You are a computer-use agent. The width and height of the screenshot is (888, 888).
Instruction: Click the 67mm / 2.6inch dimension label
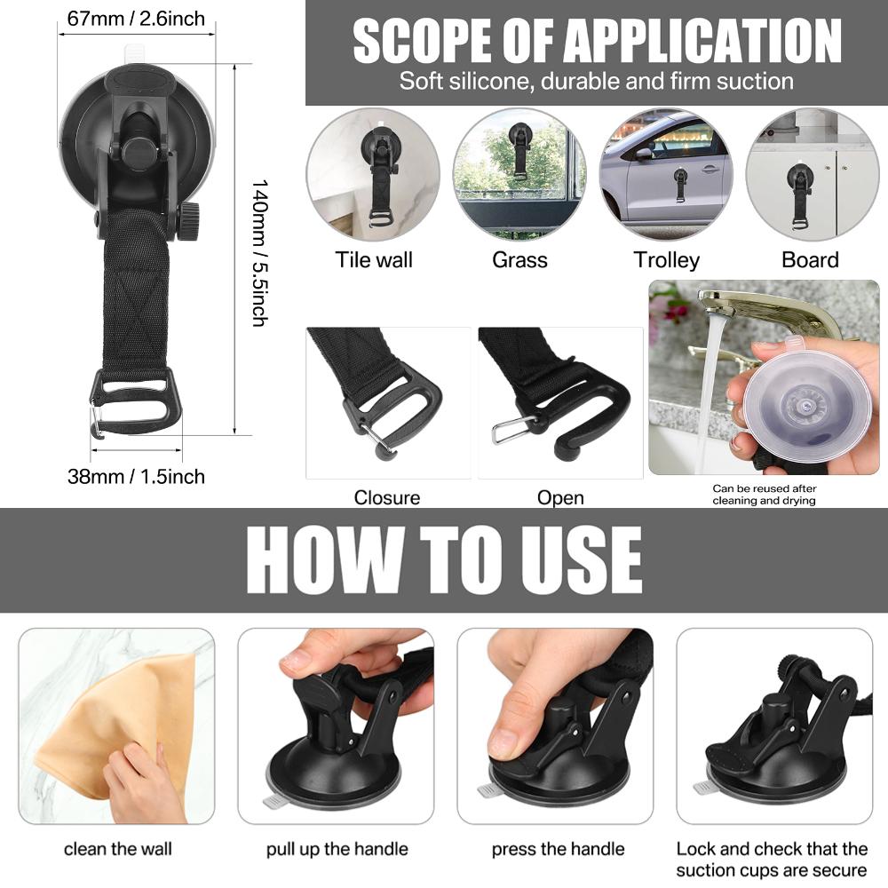[136, 19]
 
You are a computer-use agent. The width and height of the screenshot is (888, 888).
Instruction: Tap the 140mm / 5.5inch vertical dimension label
[259, 253]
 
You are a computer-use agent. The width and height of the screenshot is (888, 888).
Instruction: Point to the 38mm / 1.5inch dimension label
[136, 476]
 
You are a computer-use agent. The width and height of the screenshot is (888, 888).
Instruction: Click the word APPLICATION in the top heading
[702, 41]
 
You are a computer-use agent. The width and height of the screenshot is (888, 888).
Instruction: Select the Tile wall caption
[374, 260]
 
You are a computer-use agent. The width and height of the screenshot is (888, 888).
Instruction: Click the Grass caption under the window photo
[519, 260]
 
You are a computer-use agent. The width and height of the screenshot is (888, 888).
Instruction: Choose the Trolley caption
[667, 260]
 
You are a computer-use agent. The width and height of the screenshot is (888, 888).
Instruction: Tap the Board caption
[810, 260]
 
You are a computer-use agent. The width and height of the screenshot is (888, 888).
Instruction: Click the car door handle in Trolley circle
[708, 169]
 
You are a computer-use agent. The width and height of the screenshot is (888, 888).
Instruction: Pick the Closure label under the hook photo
[387, 498]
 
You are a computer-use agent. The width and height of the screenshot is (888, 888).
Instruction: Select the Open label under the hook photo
[560, 498]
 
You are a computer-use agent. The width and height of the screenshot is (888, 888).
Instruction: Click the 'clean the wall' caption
[118, 849]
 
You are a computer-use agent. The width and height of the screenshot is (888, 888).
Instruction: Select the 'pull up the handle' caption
[337, 850]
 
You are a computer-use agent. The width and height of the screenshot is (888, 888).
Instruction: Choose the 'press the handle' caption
[558, 849]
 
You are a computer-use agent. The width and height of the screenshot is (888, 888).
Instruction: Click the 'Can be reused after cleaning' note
[764, 495]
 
